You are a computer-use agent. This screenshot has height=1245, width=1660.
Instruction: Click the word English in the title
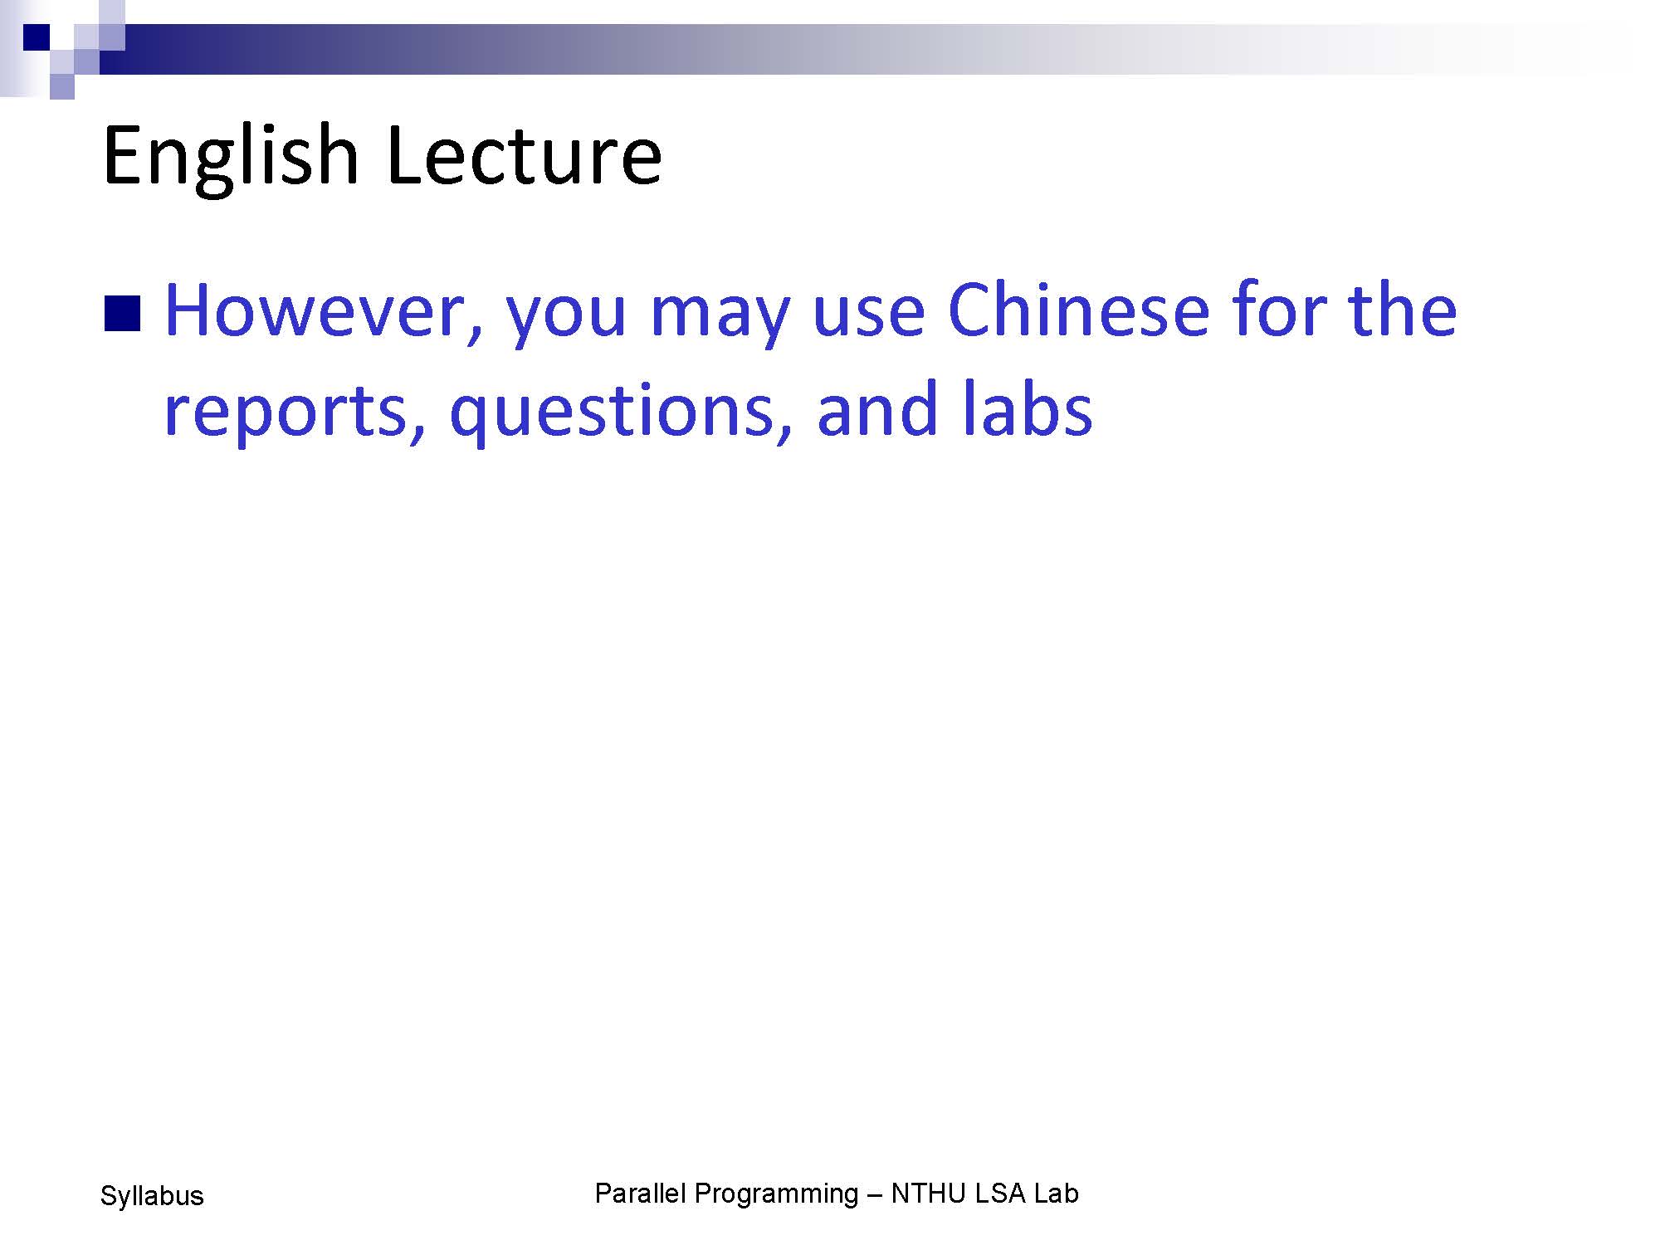231,158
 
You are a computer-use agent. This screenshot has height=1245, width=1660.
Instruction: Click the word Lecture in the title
524,155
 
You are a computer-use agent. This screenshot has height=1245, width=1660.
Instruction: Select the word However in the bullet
324,311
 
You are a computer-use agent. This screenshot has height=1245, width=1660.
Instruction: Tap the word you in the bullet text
565,320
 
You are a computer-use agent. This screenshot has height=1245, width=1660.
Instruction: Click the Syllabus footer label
152,1196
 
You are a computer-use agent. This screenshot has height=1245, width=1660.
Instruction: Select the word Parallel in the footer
640,1194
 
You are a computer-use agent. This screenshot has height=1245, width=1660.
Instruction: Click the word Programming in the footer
776,1196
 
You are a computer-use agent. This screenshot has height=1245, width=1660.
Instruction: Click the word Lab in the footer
1056,1194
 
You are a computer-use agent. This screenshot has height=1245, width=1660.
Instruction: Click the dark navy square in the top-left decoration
37,37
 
